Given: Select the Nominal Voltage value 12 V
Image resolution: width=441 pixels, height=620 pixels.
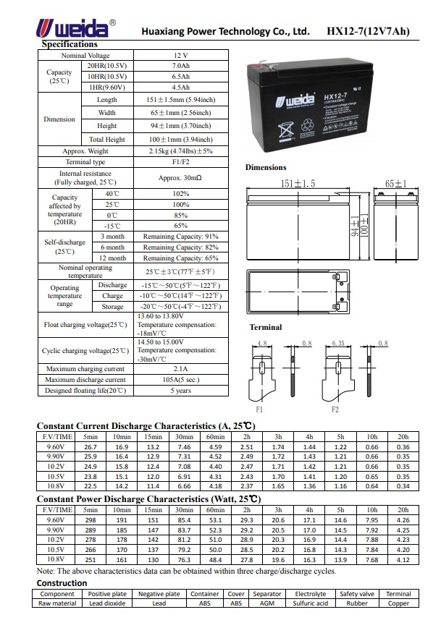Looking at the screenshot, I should pyautogui.click(x=180, y=56).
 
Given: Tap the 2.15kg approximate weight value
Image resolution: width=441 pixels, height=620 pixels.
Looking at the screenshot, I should pyautogui.click(x=180, y=151).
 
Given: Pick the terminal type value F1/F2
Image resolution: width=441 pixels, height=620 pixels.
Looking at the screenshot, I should pyautogui.click(x=180, y=162).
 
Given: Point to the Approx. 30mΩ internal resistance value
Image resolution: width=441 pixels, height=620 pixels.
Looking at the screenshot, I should pyautogui.click(x=180, y=178).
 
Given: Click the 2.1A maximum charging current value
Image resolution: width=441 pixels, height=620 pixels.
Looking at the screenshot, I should pyautogui.click(x=180, y=369).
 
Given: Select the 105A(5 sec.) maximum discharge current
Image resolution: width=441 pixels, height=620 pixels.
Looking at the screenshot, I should pyautogui.click(x=180, y=380).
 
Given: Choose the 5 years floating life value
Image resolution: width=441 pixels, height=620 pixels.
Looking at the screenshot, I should pyautogui.click(x=180, y=391).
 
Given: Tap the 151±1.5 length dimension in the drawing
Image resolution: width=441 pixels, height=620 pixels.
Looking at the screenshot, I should pyautogui.click(x=298, y=184).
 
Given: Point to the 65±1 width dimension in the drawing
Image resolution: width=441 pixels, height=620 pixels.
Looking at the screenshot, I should pyautogui.click(x=395, y=184).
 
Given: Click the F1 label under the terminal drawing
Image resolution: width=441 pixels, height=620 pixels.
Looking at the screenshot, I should pyautogui.click(x=259, y=409).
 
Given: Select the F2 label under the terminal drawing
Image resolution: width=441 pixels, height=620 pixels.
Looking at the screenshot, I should pyautogui.click(x=335, y=409).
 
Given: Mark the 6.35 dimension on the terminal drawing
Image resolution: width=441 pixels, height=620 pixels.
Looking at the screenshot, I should pyautogui.click(x=337, y=343).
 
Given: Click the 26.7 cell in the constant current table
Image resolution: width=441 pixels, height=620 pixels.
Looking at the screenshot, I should pyautogui.click(x=91, y=447).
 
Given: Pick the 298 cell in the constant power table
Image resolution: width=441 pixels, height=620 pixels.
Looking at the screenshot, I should pyautogui.click(x=91, y=520).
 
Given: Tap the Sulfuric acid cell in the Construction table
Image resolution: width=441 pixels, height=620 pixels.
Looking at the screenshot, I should pyautogui.click(x=311, y=603).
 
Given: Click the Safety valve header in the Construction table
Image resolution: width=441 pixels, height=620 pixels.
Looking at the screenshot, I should pyautogui.click(x=357, y=594).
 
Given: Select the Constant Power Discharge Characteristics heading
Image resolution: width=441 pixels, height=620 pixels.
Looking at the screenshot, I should pyautogui.click(x=148, y=499).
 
